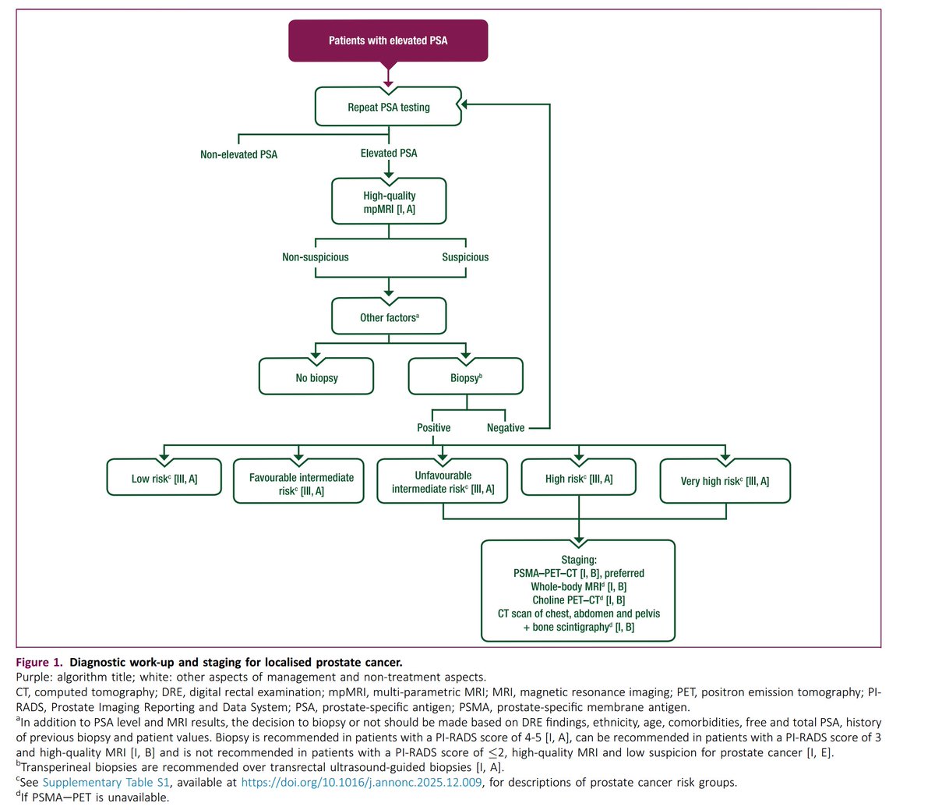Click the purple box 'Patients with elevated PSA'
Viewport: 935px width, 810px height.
(x=388, y=41)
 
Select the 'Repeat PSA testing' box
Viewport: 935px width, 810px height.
(x=388, y=107)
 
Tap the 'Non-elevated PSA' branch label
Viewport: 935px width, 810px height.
(x=238, y=154)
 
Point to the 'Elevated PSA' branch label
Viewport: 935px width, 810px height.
(x=389, y=153)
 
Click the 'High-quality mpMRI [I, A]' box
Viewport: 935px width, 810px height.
(x=389, y=201)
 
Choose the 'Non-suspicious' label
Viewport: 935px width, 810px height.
(x=316, y=257)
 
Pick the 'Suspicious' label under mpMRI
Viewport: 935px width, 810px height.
(x=465, y=257)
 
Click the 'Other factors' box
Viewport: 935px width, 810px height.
(x=389, y=317)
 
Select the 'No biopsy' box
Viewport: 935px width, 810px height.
(x=316, y=377)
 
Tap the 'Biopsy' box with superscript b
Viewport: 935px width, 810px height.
(x=465, y=377)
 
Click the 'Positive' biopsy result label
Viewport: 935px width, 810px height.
(x=433, y=428)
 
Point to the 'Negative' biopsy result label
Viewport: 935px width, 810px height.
(x=505, y=428)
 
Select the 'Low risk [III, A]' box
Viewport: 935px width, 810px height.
(x=164, y=477)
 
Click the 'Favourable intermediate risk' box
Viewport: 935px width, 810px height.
(x=298, y=481)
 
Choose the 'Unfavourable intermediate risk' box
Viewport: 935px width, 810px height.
(x=442, y=481)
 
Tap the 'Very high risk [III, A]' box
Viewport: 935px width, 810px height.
(x=725, y=481)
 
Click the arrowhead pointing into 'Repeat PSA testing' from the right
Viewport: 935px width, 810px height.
(x=464, y=104)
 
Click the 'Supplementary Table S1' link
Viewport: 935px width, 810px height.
(x=106, y=782)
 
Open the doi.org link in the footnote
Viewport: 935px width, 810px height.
(x=361, y=782)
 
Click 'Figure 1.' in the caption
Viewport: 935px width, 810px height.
(x=40, y=662)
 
